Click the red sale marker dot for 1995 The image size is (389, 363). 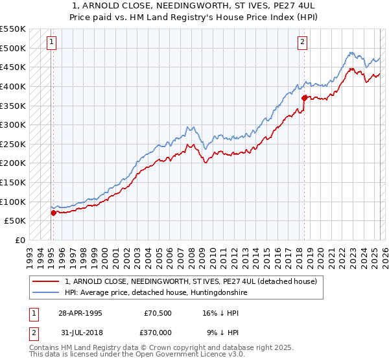point(53,212)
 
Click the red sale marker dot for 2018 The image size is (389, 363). point(304,98)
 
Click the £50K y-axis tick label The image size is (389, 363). point(16,220)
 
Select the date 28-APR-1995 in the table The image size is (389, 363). point(80,312)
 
